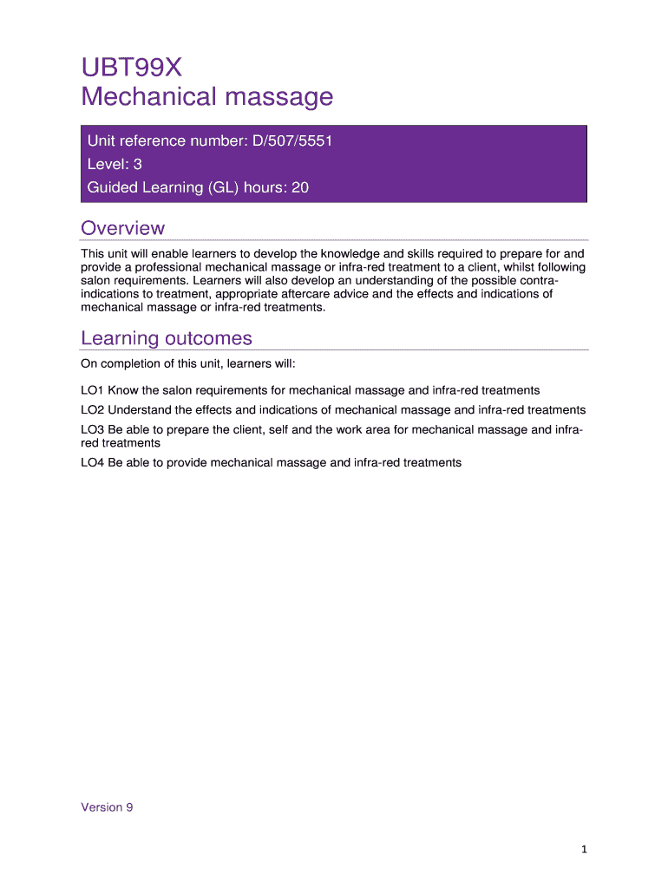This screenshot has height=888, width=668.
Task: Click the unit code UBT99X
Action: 132,66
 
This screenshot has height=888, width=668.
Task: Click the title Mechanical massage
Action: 206,96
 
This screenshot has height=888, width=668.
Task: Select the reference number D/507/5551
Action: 291,141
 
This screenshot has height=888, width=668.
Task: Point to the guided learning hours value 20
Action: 300,186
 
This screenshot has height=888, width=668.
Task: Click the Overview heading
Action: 122,228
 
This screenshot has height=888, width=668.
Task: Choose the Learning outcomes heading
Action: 166,338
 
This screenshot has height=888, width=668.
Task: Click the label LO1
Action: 92,390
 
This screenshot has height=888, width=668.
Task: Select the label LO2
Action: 92,409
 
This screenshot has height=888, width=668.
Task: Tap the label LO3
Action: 92,429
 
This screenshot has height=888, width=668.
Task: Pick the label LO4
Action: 92,462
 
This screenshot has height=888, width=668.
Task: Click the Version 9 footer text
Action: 107,807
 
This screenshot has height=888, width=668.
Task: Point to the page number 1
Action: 585,850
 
